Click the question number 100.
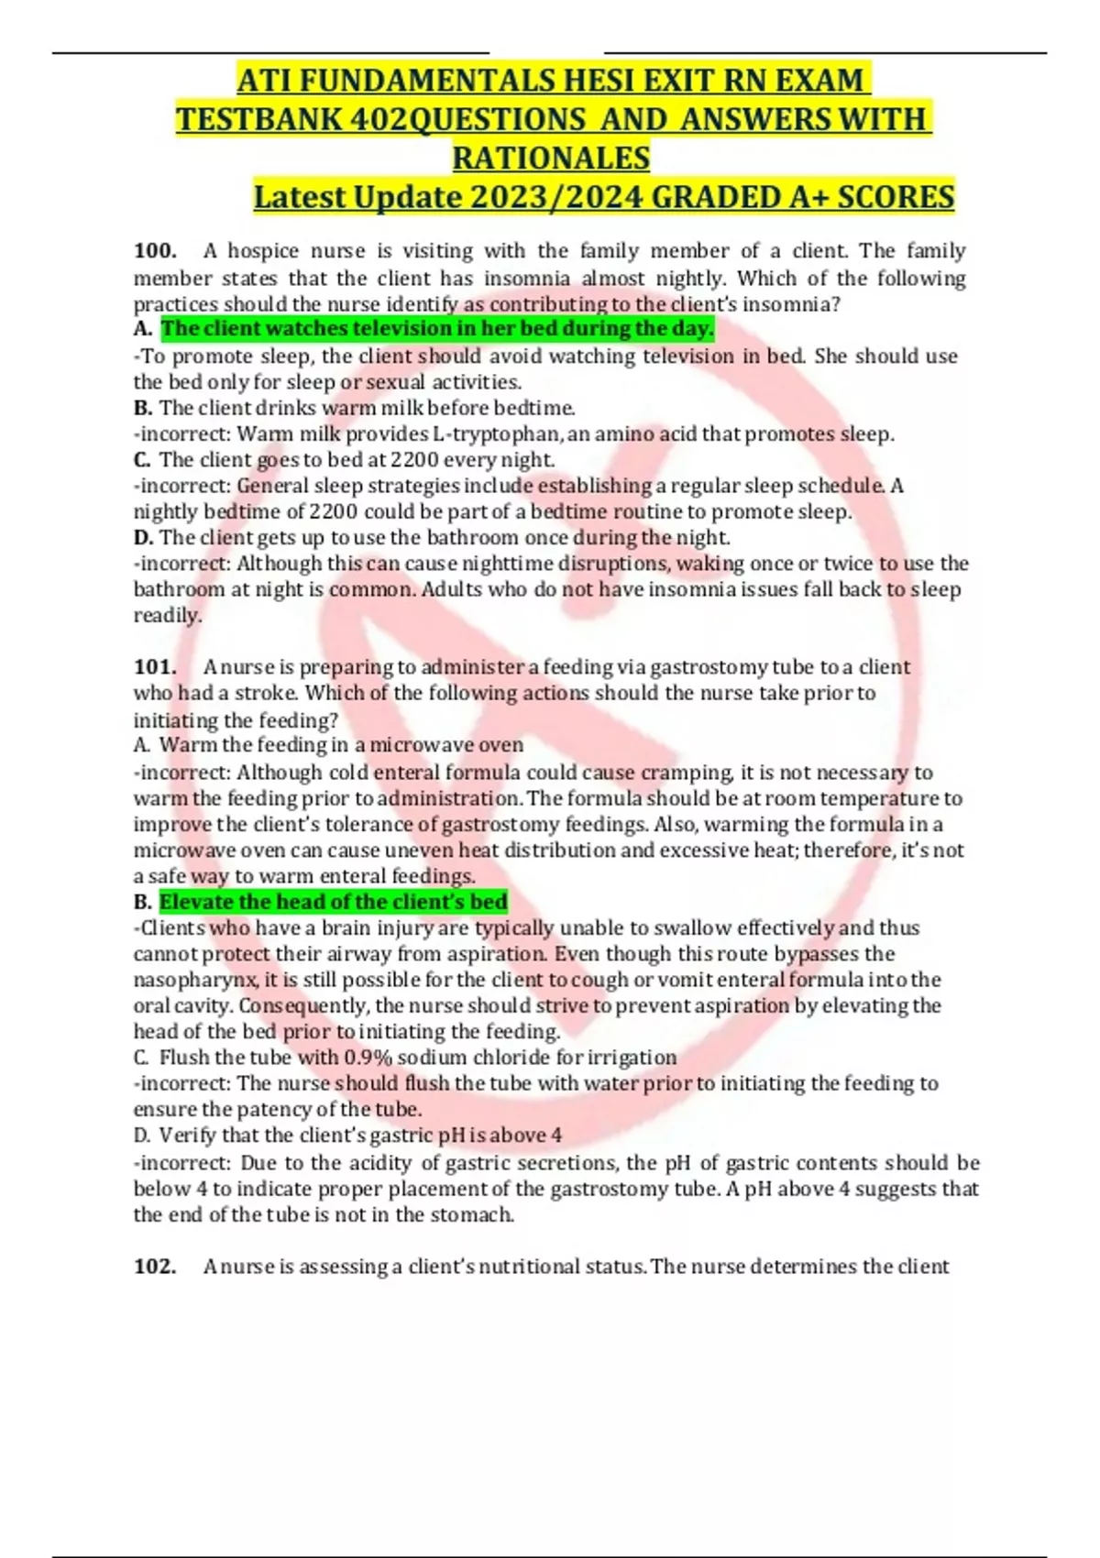pyautogui.click(x=155, y=251)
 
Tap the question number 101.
pyautogui.click(x=155, y=667)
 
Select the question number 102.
pyautogui.click(x=155, y=1267)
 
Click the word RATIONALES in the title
pyautogui.click(x=551, y=159)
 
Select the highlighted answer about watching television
pyautogui.click(x=437, y=329)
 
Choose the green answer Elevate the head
pyautogui.click(x=334, y=902)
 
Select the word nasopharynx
pyautogui.click(x=195, y=980)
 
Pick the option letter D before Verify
pyautogui.click(x=141, y=1136)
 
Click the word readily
pyautogui.click(x=167, y=616)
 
